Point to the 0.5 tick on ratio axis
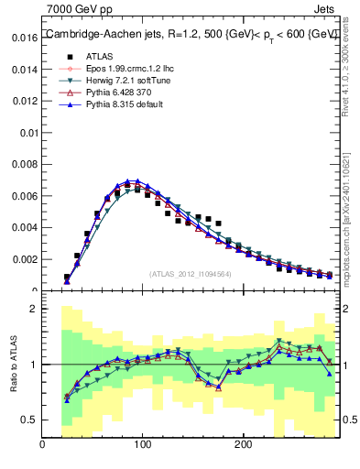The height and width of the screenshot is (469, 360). [28, 420]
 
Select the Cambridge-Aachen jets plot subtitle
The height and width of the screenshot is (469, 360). [191, 34]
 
